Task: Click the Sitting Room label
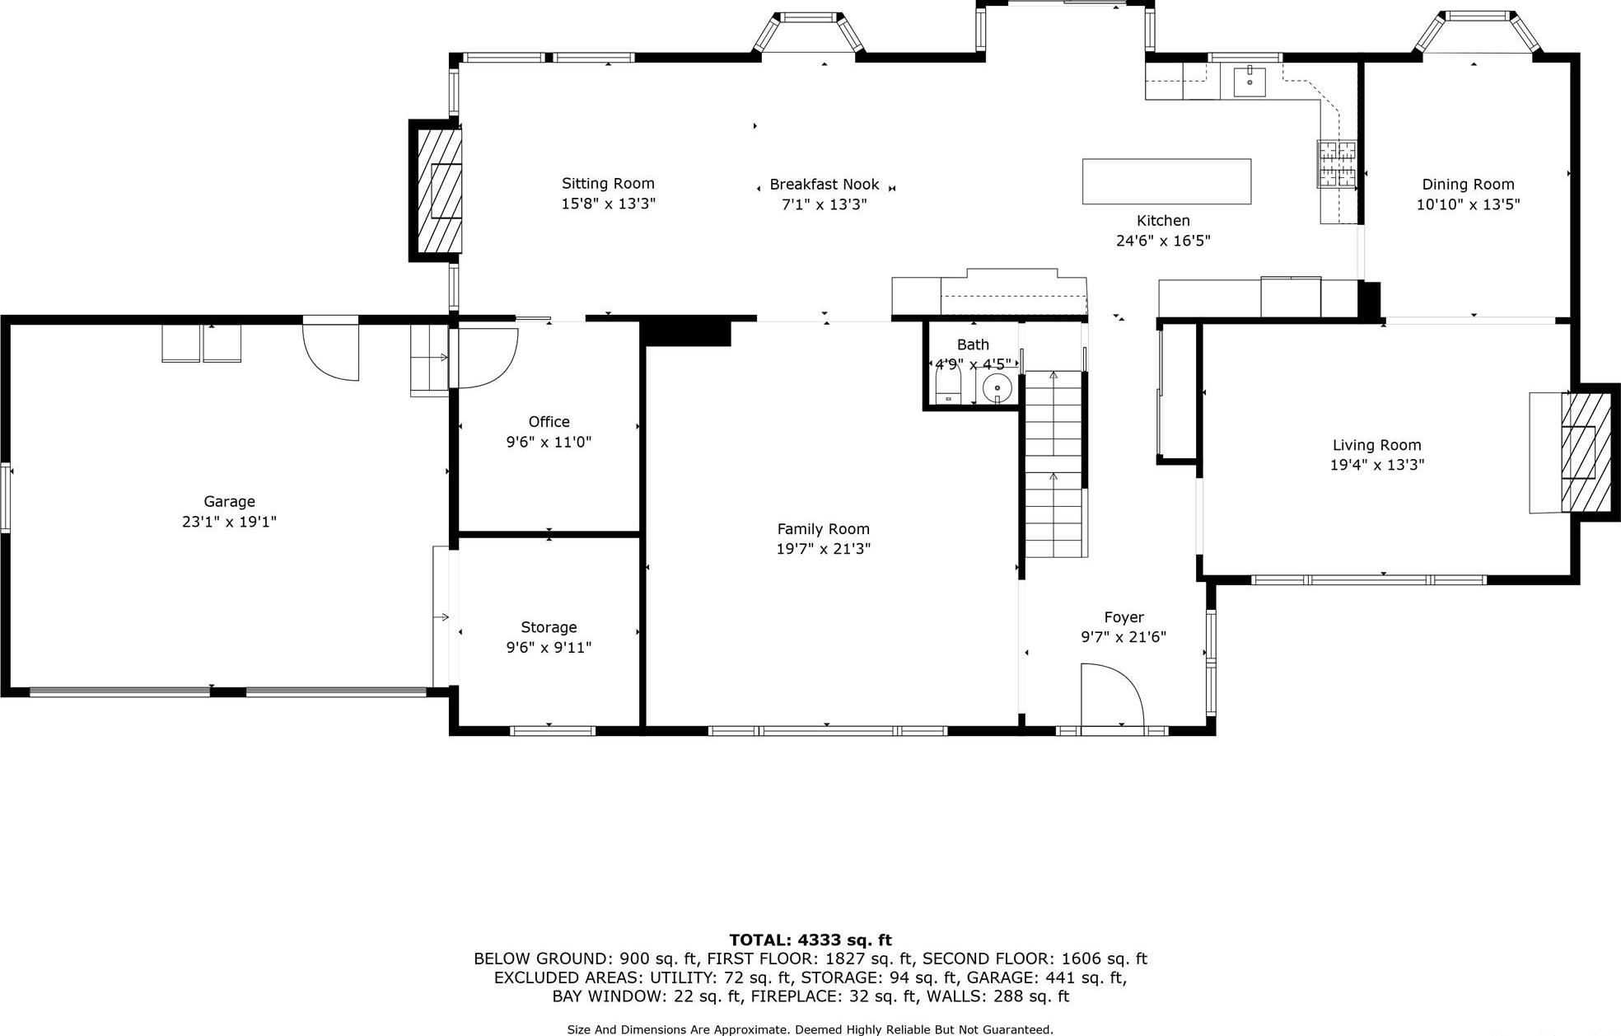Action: click(608, 184)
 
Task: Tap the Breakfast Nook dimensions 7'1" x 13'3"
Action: click(824, 204)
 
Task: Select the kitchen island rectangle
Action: click(1166, 181)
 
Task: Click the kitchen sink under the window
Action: click(1250, 81)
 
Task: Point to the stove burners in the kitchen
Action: click(1336, 163)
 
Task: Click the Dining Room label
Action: click(1468, 185)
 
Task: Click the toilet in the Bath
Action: click(949, 387)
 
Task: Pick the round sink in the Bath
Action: click(997, 386)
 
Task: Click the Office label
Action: click(549, 422)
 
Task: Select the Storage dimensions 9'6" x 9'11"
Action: click(549, 648)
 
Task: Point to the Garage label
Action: click(229, 501)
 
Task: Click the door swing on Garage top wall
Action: click(331, 350)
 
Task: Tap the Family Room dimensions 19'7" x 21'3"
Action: click(823, 549)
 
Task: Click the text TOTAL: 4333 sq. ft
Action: click(810, 940)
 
